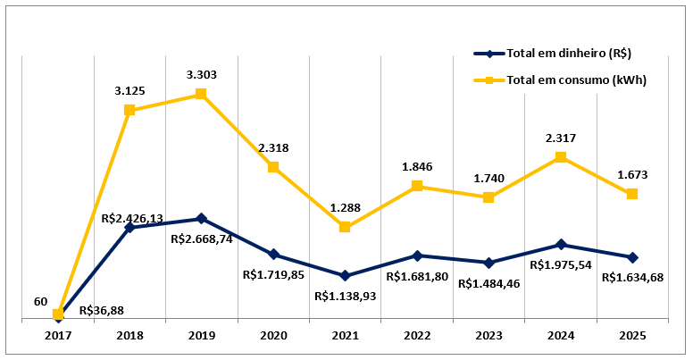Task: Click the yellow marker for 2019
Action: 202,94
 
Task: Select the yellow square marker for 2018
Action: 130,110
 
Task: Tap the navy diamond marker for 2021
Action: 345,275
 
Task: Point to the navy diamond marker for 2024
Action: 561,245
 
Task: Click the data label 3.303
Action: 201,74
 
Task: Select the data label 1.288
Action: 345,208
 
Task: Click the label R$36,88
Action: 102,311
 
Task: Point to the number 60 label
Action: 41,302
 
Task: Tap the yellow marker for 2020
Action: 273,167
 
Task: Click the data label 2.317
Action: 561,138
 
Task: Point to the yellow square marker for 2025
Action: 632,194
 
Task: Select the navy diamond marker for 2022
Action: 416,255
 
